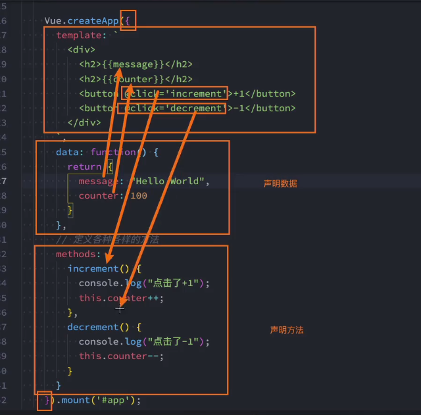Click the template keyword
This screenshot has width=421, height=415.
pyautogui.click(x=76, y=35)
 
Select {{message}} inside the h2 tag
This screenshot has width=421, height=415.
pyautogui.click(x=130, y=64)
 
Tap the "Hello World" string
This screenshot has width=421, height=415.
pyautogui.click(x=170, y=181)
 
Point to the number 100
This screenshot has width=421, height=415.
pyautogui.click(x=139, y=195)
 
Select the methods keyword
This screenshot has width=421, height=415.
pyautogui.click(x=78, y=254)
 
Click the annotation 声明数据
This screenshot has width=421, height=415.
pyautogui.click(x=280, y=184)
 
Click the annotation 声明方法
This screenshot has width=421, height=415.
pyautogui.click(x=287, y=330)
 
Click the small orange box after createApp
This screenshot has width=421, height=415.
pyautogui.click(x=129, y=20)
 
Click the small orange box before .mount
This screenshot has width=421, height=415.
pyautogui.click(x=44, y=401)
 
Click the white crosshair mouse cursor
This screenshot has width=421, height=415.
pyautogui.click(x=120, y=308)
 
